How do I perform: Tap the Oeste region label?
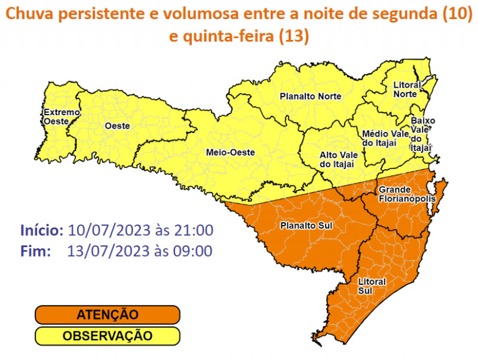118,127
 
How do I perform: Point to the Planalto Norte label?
311,96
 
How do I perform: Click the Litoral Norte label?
407,90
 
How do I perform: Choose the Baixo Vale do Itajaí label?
422,134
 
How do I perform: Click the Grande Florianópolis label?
406,194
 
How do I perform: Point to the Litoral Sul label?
372,286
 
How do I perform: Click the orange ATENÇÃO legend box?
107,315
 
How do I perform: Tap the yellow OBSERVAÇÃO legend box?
107,336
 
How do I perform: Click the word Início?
41,230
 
